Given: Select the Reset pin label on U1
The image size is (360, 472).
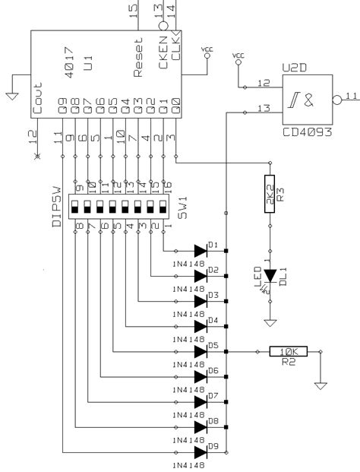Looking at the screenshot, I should pyautogui.click(x=138, y=59).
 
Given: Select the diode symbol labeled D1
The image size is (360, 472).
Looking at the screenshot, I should pyautogui.click(x=201, y=251).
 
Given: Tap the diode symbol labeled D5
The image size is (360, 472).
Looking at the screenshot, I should pyautogui.click(x=201, y=351).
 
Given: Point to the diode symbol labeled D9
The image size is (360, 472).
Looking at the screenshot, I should pyautogui.click(x=201, y=452).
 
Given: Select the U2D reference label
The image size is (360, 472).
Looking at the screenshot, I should pyautogui.click(x=295, y=67).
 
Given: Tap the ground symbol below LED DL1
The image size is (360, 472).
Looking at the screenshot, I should pyautogui.click(x=268, y=323).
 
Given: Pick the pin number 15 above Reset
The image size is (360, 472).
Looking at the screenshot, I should pyautogui.click(x=134, y=10).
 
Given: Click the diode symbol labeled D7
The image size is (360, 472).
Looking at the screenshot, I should pyautogui.click(x=201, y=402).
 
